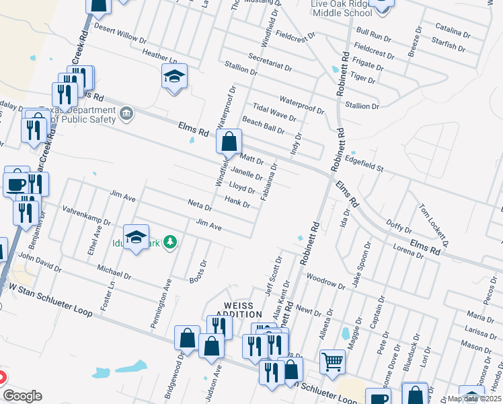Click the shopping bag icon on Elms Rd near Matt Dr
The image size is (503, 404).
point(229,142)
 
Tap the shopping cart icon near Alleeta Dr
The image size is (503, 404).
point(332,362)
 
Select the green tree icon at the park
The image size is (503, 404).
point(171,241)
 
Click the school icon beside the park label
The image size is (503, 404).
point(136,237)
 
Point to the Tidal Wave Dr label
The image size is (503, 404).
point(274,112)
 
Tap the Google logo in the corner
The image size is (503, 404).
point(22,396)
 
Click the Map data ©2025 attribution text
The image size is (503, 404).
point(474,399)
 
